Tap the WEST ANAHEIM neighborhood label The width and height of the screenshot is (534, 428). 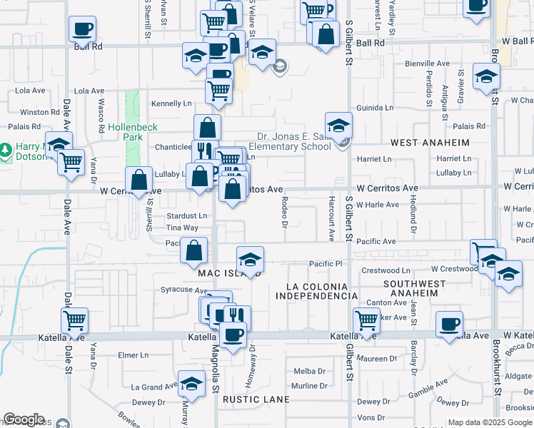(430, 143)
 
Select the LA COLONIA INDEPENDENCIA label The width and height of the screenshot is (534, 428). (316, 291)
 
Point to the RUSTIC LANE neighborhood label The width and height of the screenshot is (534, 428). (256, 399)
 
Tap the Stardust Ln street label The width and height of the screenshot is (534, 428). (186, 215)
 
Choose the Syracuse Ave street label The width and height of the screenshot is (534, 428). (183, 290)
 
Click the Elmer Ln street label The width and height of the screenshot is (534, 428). (133, 355)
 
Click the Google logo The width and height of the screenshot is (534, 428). (24, 419)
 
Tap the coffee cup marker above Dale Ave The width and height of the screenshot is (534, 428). (82, 29)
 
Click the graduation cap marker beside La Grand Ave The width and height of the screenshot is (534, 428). (191, 384)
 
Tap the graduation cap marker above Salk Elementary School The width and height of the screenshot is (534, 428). (338, 126)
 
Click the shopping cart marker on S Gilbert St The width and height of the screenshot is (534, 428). (366, 320)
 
